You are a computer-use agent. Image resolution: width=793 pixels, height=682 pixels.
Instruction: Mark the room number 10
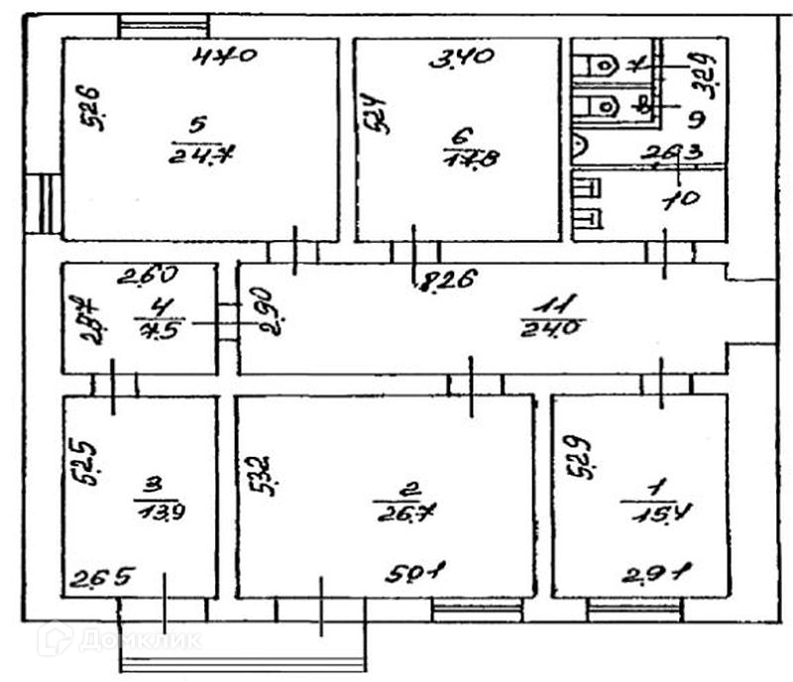point(683,197)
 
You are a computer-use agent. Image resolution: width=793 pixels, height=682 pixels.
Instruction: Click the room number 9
point(694,120)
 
